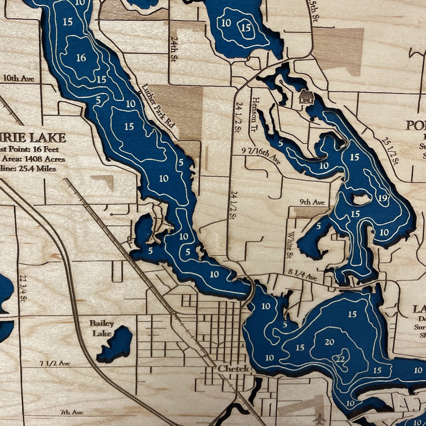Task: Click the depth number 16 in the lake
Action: pyautogui.click(x=81, y=58)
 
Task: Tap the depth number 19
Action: pyautogui.click(x=382, y=198)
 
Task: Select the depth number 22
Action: pyautogui.click(x=340, y=359)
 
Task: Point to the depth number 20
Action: pyautogui.click(x=329, y=342)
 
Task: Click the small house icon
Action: pyautogui.click(x=306, y=98)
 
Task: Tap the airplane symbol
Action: pyautogui.click(x=321, y=418)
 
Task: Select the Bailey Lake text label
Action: pyautogui.click(x=101, y=328)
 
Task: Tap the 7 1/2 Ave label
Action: pyautogui.click(x=55, y=363)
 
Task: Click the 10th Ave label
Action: pyautogui.click(x=19, y=78)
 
